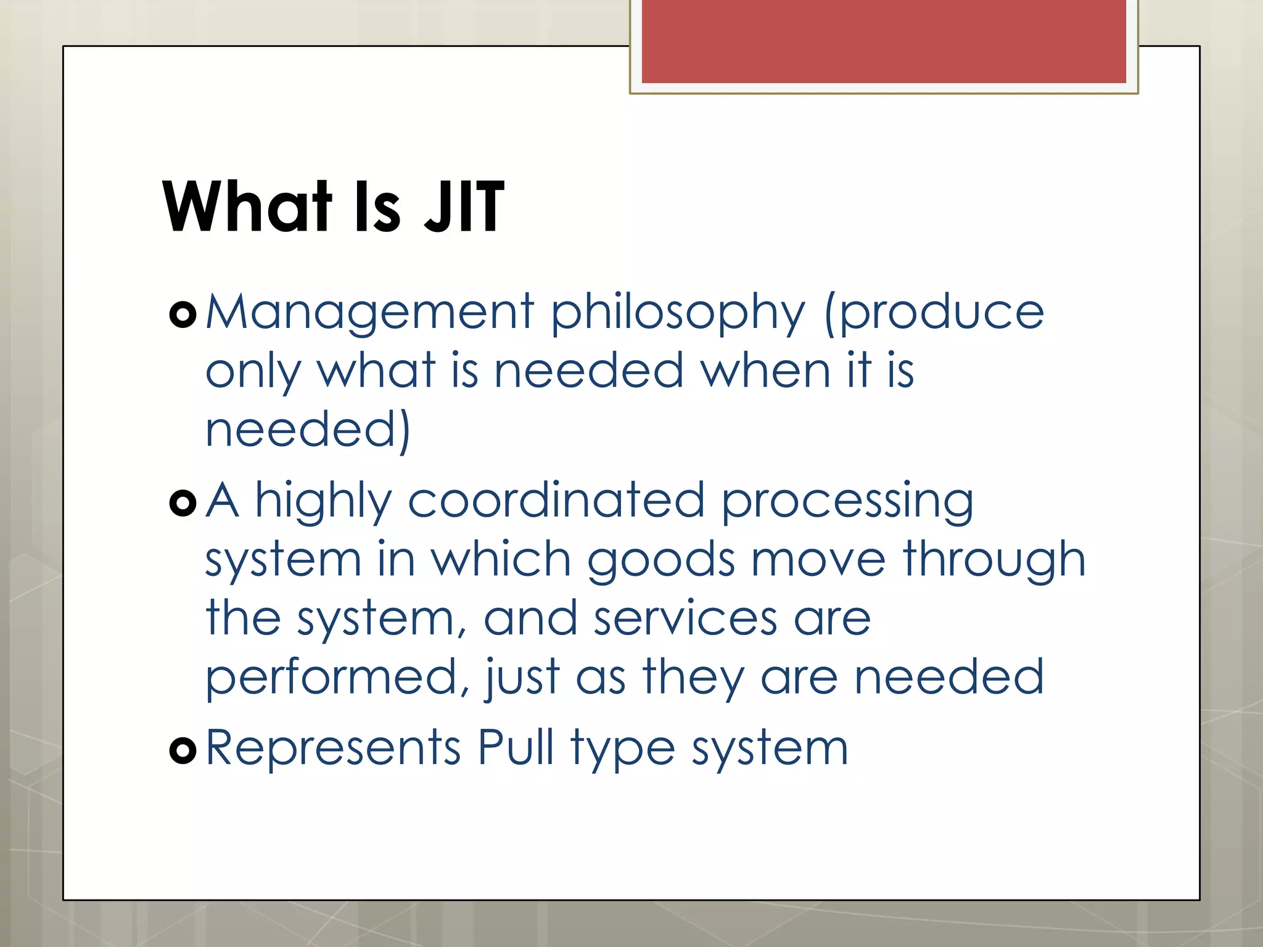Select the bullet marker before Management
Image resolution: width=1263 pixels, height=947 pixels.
(x=183, y=315)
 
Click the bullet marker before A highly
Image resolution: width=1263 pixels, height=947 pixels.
(x=183, y=503)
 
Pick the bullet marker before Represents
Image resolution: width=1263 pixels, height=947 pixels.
(x=183, y=750)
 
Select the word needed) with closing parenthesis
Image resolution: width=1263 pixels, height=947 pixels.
(x=307, y=430)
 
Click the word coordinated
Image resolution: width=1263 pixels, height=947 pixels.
(x=556, y=500)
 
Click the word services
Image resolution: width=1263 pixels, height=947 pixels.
(x=685, y=619)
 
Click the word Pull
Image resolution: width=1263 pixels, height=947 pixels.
(x=516, y=747)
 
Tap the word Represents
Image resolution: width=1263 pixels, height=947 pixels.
(x=333, y=748)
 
